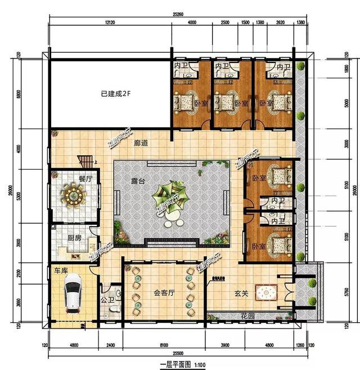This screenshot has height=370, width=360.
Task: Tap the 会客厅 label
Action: point(163,292)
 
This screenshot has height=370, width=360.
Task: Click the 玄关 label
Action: point(242,292)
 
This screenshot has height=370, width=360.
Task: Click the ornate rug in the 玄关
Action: point(267,292)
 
